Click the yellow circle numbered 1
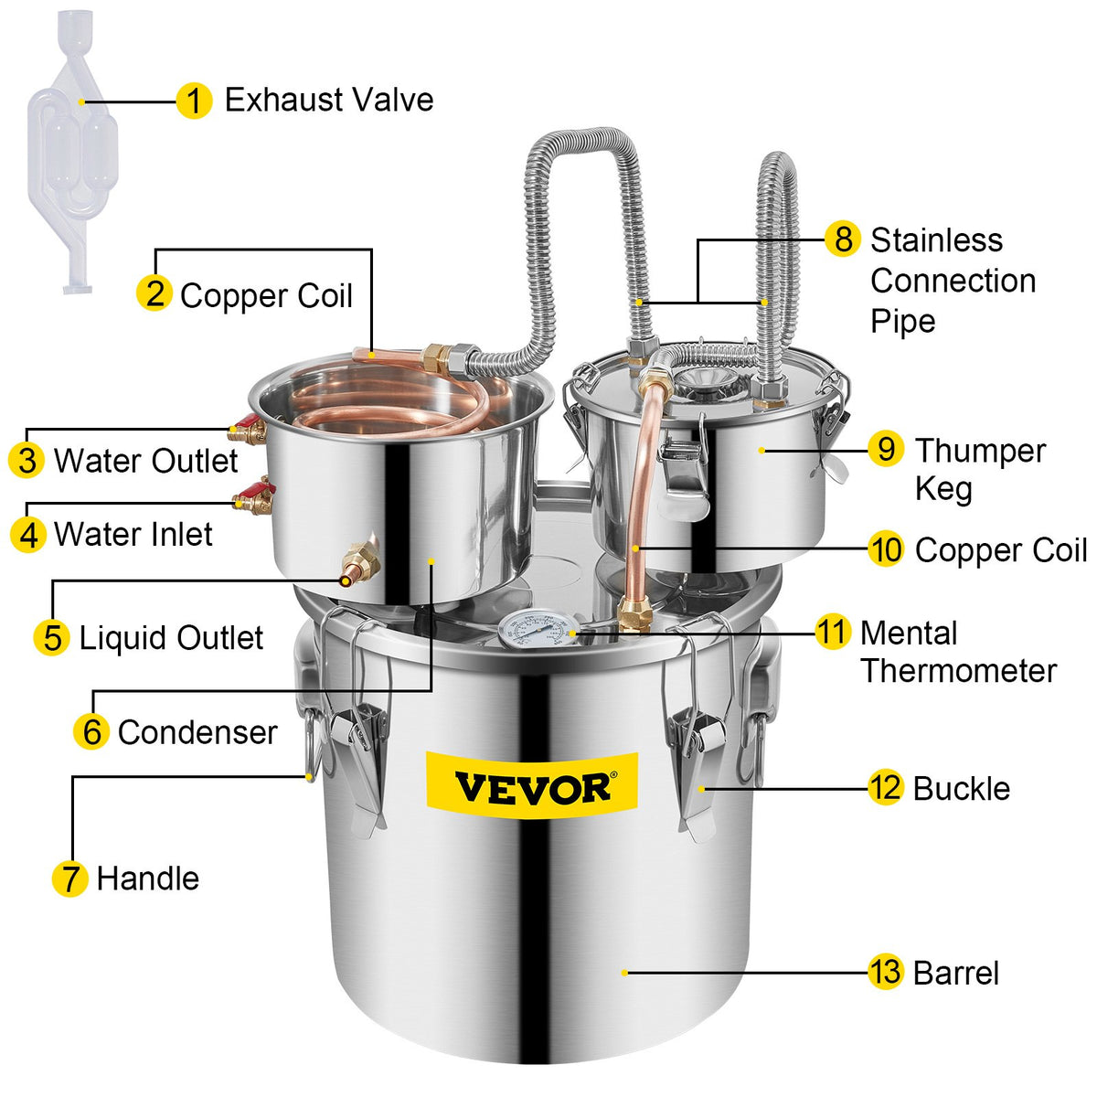[x=193, y=101]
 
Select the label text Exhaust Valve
[x=329, y=100]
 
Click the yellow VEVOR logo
[x=532, y=786]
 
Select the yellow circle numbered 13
[x=885, y=972]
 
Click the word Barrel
[x=955, y=973]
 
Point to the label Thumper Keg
[x=979, y=469]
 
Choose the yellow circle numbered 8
[x=842, y=240]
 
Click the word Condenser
[x=197, y=732]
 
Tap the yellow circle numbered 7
[x=69, y=879]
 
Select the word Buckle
[x=961, y=789]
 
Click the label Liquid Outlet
[x=171, y=638]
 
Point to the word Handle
[x=147, y=879]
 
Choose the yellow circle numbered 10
[x=885, y=549]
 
